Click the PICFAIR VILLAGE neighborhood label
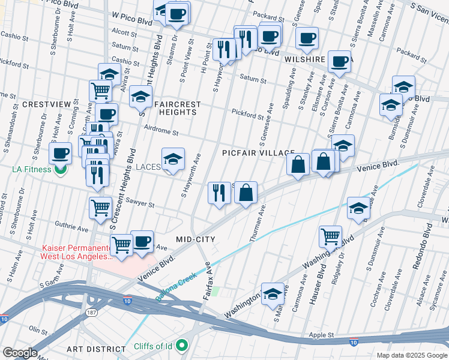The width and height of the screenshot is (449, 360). [x=258, y=153]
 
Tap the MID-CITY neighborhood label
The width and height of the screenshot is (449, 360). [x=195, y=239]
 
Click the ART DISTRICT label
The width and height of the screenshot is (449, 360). [x=96, y=349]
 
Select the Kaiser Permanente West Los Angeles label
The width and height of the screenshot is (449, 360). [x=76, y=253]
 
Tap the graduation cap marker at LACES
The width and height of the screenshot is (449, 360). [x=173, y=159]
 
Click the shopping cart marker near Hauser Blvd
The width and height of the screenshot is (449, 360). [x=330, y=236]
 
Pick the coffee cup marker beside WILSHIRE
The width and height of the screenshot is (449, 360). [x=340, y=61]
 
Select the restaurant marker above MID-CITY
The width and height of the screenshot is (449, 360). [x=219, y=193]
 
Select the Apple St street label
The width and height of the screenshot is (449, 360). [x=321, y=335]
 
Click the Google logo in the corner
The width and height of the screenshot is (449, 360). [x=19, y=353]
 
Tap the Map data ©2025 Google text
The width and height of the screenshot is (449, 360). [x=411, y=355]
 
